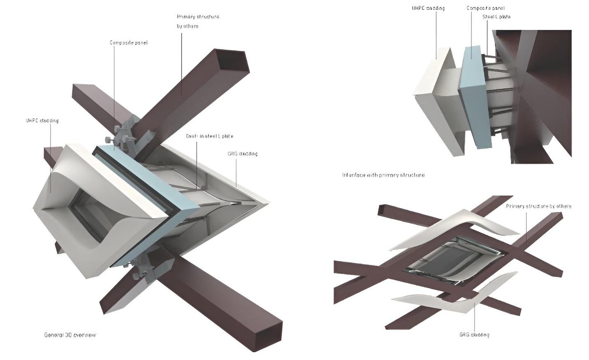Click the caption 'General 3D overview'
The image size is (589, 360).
tap(70, 335)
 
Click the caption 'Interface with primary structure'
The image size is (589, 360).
tap(383, 175)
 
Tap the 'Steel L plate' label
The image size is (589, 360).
tap(496, 17)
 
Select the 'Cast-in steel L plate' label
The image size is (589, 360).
tap(210, 136)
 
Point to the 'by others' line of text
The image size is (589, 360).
tap(187, 26)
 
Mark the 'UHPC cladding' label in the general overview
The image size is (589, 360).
tap(42, 121)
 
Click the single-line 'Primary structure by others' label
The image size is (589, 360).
tap(538, 206)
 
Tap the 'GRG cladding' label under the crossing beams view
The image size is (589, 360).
tap(474, 334)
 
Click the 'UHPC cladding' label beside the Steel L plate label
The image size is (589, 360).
tap(428, 8)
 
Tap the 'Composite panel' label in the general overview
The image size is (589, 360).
tap(129, 42)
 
